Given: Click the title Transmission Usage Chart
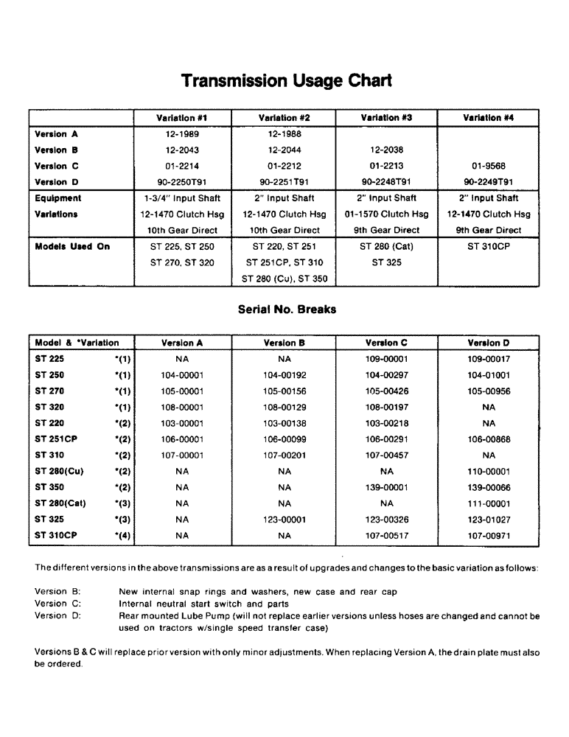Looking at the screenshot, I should (x=287, y=80).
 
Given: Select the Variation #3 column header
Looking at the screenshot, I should (x=386, y=118).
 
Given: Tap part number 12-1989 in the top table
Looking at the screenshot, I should (x=182, y=134).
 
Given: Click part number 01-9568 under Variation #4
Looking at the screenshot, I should (x=488, y=166).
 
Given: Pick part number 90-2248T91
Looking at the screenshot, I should (x=386, y=182).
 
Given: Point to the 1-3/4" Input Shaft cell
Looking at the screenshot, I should (x=182, y=198).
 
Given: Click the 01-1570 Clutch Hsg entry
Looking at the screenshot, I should (x=386, y=214).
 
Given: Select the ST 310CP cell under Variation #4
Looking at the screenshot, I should (x=488, y=246).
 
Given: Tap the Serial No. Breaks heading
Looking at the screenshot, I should (x=287, y=310).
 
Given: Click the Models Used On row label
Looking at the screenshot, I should (x=72, y=246).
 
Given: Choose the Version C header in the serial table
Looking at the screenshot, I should (x=386, y=343).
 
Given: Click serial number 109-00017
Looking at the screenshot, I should (x=488, y=360).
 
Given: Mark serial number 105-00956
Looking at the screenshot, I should (x=488, y=391).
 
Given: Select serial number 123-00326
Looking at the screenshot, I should (x=386, y=520).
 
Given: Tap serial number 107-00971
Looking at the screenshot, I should (x=488, y=536).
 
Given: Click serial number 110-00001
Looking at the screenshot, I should (x=488, y=472).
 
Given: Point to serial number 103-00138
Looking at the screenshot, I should (x=284, y=424).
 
